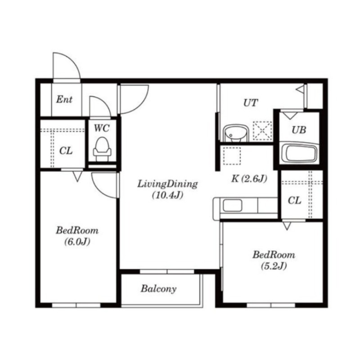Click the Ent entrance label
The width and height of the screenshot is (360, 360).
[64, 99]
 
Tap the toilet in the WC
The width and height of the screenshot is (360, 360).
[102, 149]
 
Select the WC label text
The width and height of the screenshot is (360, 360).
[102, 128]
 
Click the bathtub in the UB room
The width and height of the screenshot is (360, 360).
[299, 153]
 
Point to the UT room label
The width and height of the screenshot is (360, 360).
[251, 103]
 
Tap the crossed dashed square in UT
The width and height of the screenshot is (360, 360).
[262, 130]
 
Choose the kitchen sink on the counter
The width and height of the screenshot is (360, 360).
[232, 206]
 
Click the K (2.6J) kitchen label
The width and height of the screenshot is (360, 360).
[249, 178]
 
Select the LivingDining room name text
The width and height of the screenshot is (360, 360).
[167, 184]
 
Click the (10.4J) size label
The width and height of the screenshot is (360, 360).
[167, 195]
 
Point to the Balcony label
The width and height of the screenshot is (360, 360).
[159, 288]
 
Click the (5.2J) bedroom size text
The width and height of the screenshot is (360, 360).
[274, 266]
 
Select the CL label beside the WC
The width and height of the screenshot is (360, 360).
[66, 151]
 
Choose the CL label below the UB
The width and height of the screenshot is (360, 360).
[294, 201]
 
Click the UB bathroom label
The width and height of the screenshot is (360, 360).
[299, 130]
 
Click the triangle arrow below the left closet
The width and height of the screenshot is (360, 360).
[77, 177]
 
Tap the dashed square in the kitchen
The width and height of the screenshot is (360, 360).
[232, 156]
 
